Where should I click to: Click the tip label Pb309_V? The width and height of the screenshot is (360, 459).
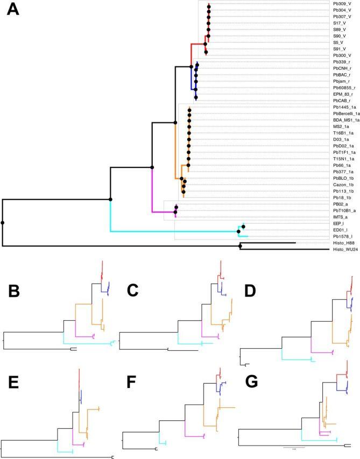click(x=343, y=4)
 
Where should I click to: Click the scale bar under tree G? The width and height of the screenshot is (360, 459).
click(x=294, y=447)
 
